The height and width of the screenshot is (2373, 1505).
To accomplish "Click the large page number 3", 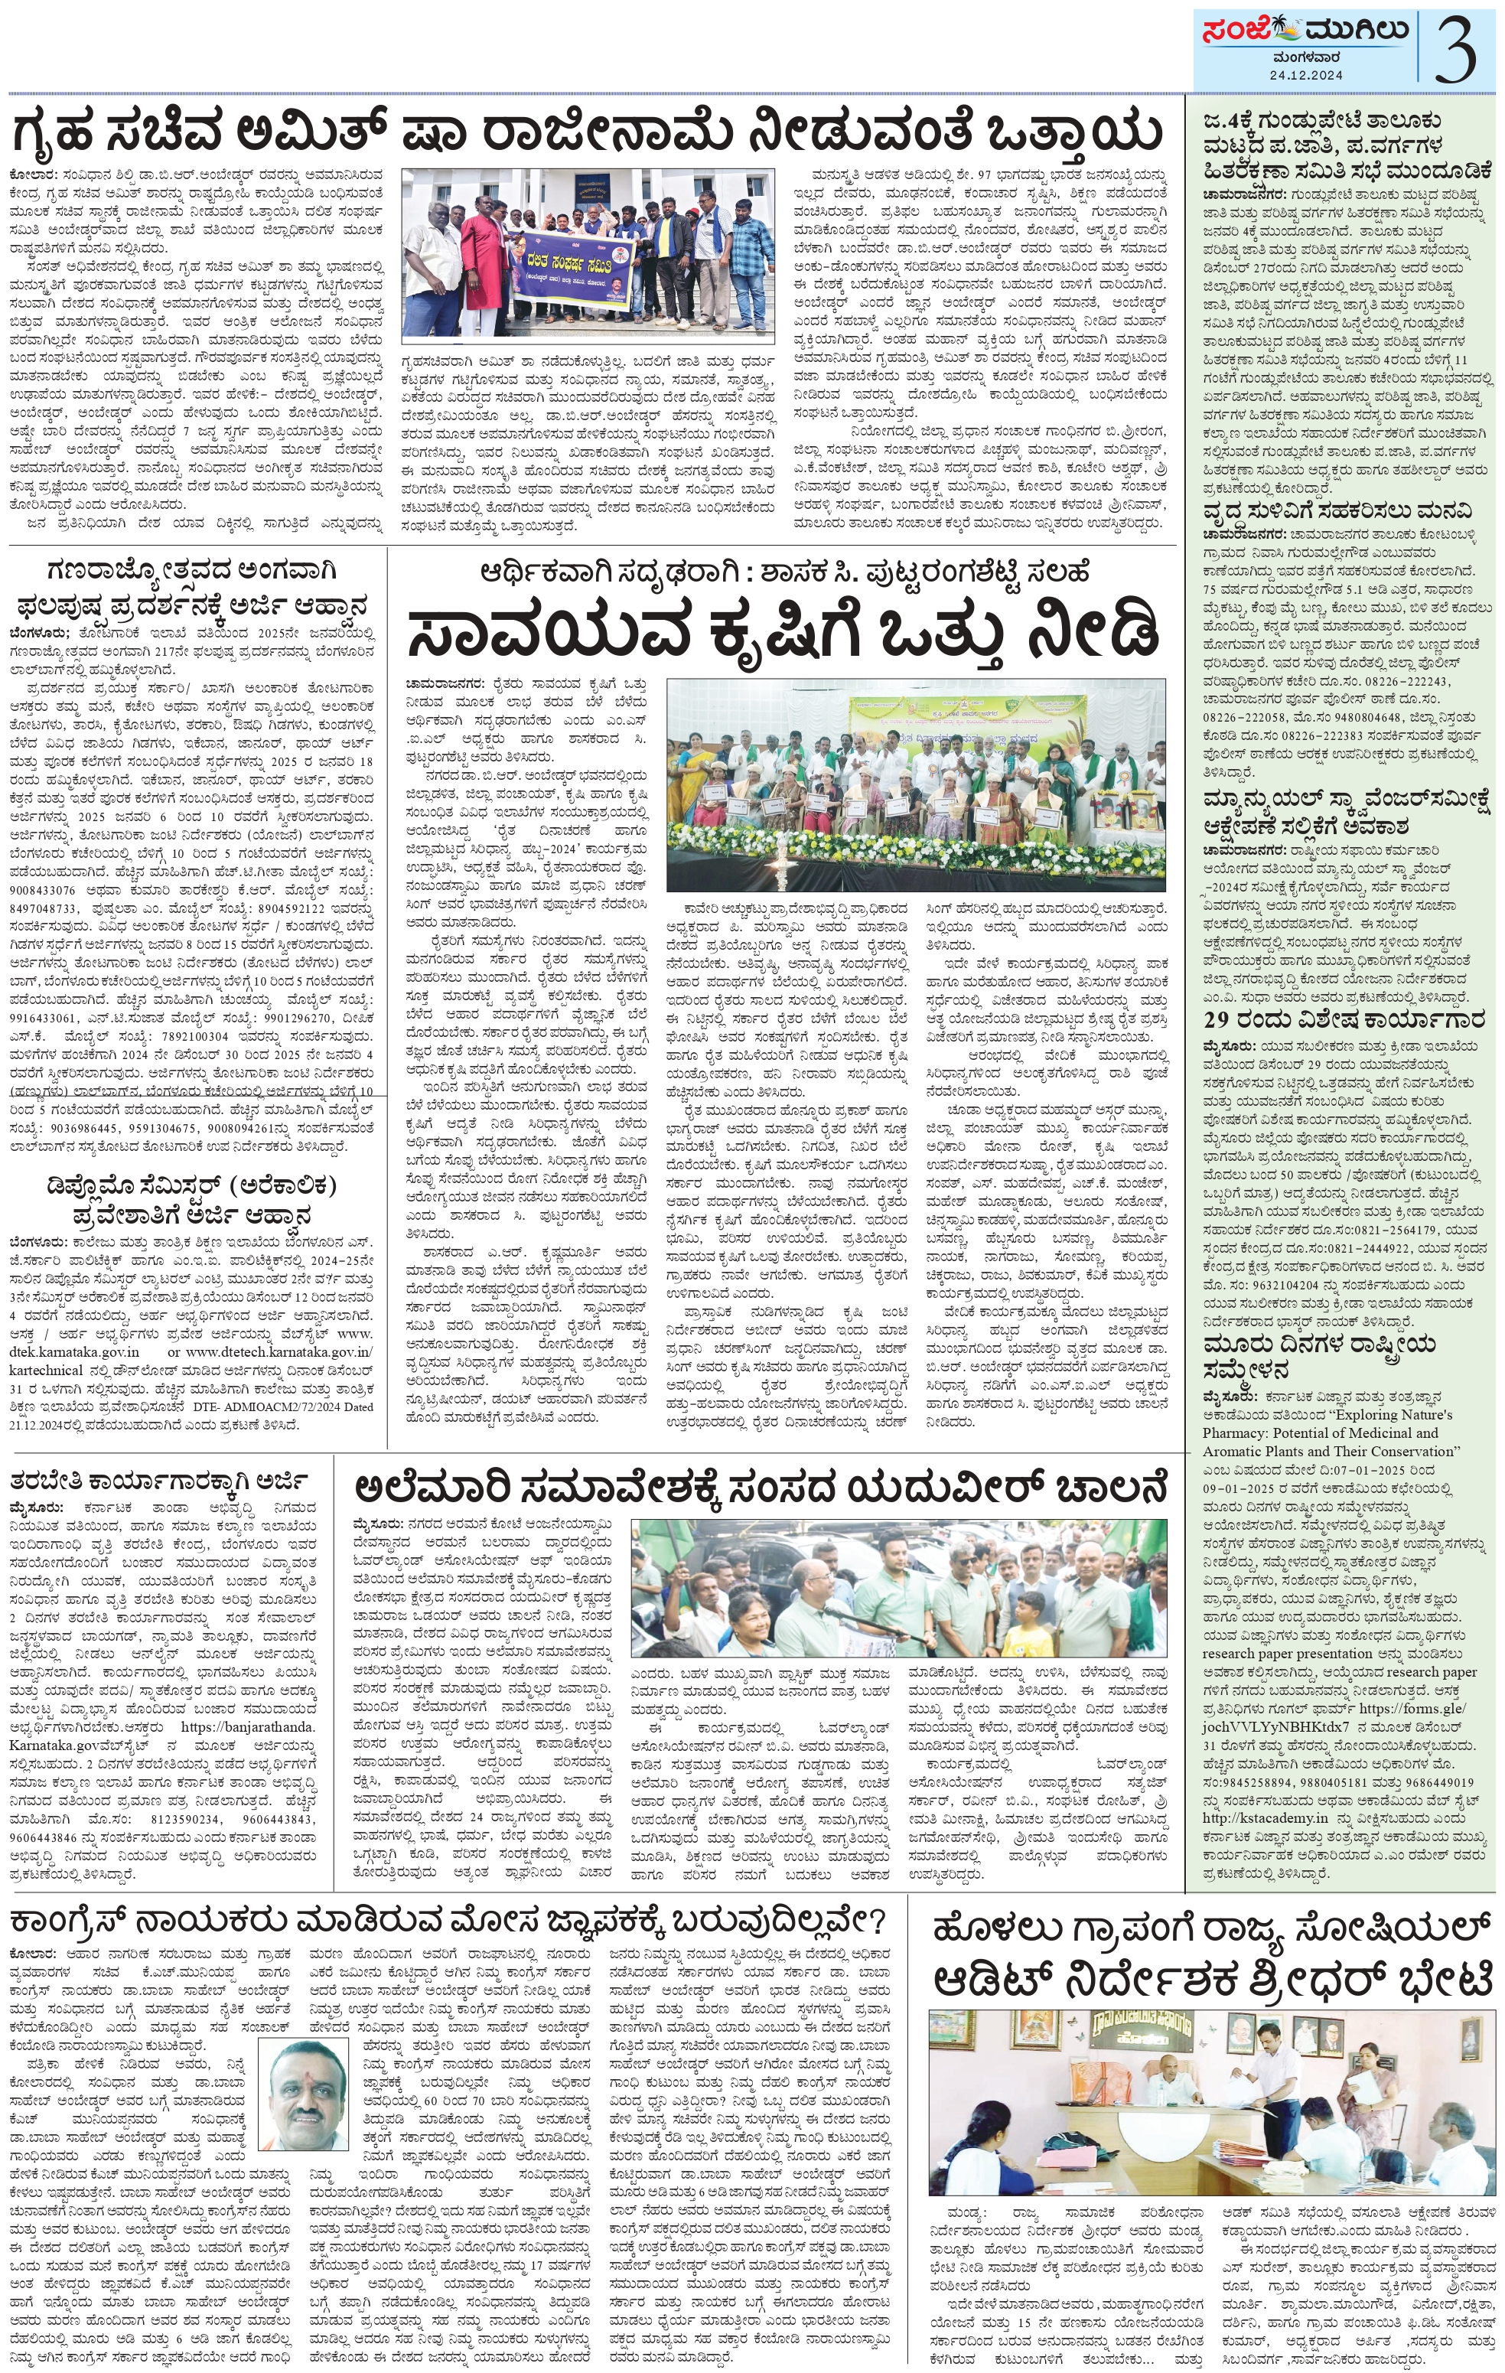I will click(1456, 49).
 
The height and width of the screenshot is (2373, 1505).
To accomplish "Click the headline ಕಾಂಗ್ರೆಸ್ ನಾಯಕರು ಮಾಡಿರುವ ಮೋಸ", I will click(448, 1921).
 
